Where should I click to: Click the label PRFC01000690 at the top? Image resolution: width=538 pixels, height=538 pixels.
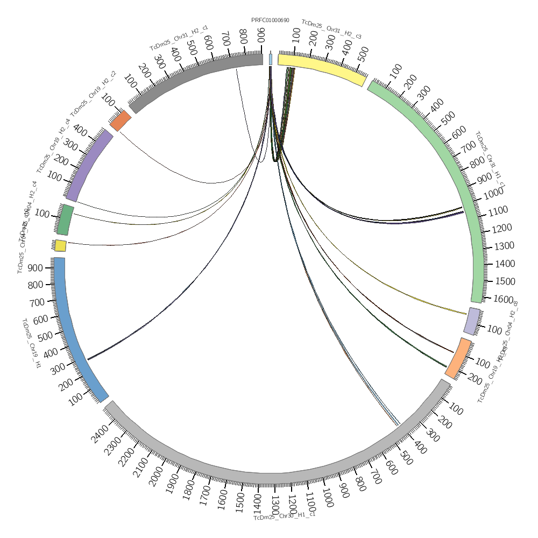pyautogui.click(x=270, y=20)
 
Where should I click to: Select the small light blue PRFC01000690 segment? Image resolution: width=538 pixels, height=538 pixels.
pyautogui.click(x=271, y=59)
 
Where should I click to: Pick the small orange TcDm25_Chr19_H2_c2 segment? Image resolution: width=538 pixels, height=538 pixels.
pyautogui.click(x=121, y=121)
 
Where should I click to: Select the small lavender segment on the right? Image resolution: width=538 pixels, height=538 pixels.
pyautogui.click(x=472, y=321)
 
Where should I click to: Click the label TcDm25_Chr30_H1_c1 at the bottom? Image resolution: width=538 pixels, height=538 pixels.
pyautogui.click(x=284, y=516)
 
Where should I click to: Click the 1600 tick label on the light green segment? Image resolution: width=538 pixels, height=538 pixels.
pyautogui.click(x=503, y=299)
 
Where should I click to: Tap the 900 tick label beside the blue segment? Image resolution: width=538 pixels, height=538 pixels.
pyautogui.click(x=36, y=267)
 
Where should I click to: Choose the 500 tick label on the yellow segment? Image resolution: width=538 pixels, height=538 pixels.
pyautogui.click(x=362, y=52)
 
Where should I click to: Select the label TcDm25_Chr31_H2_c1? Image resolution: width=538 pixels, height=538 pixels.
pyautogui.click(x=179, y=38)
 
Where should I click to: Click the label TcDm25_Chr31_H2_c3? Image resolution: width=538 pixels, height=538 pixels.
pyautogui.click(x=331, y=29)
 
